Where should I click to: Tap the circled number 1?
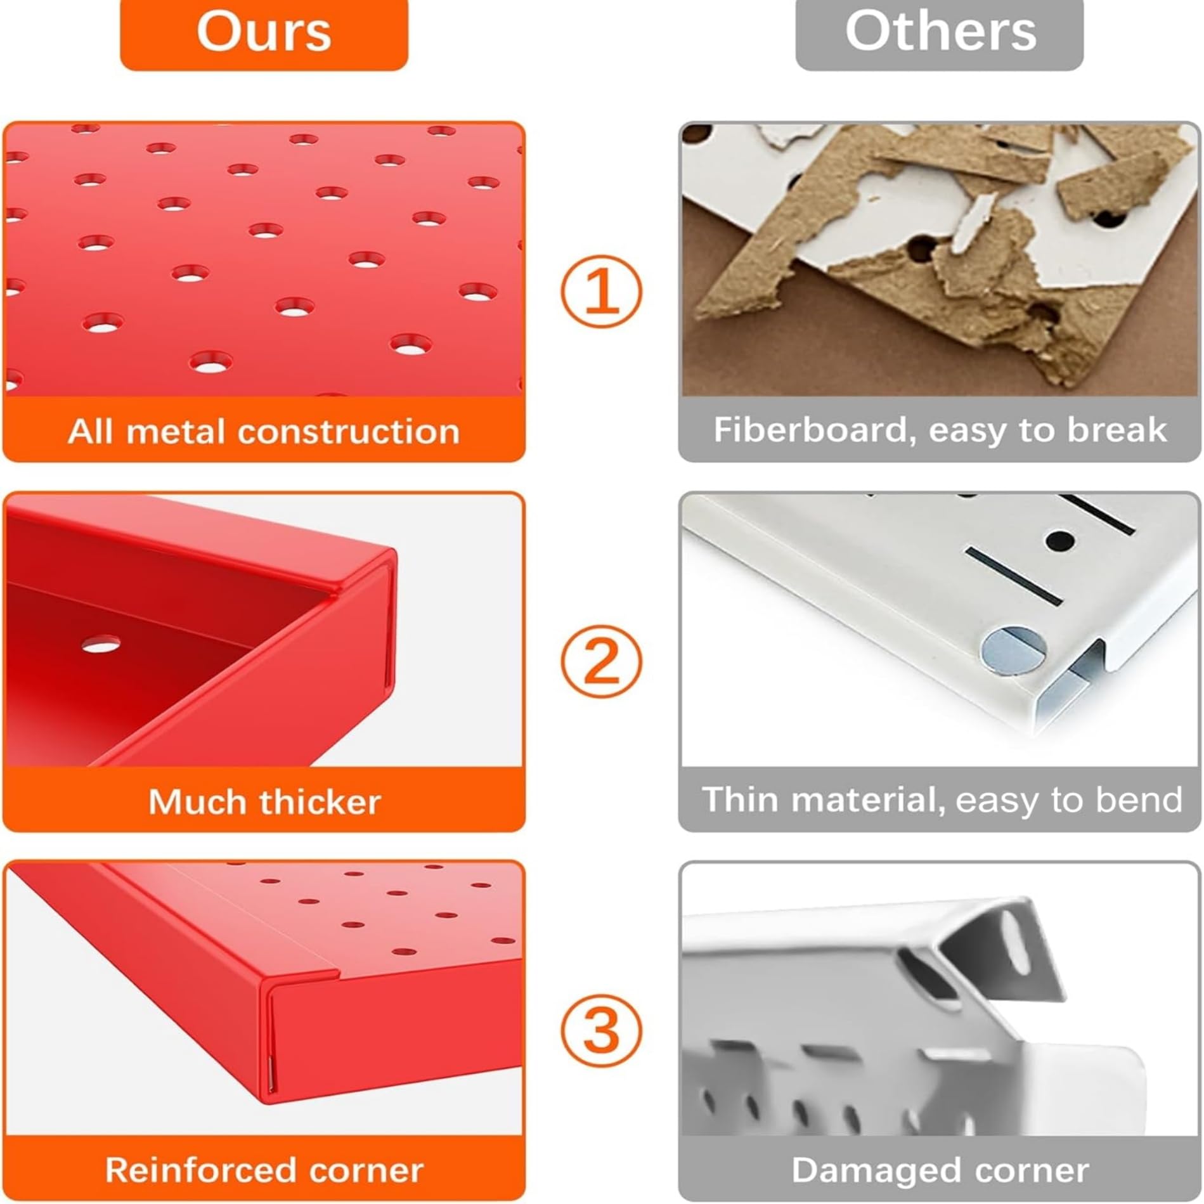point(601,291)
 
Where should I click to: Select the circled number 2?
point(601,661)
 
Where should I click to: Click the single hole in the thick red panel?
point(101,645)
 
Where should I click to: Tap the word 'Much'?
point(200,801)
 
